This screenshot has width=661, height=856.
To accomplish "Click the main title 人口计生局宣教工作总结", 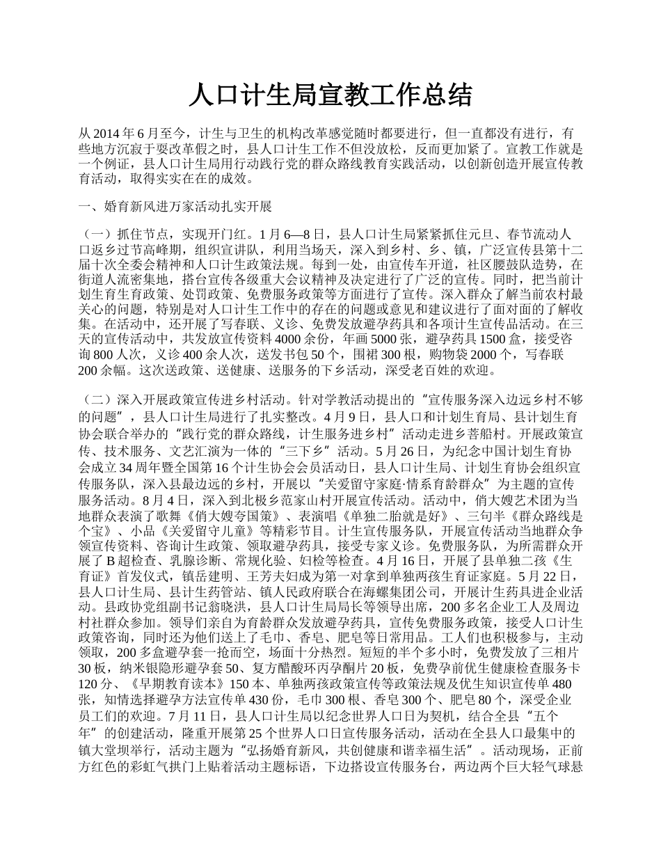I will pyautogui.click(x=330, y=95).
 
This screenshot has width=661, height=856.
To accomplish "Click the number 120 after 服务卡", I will pyautogui.click(x=90, y=684).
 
